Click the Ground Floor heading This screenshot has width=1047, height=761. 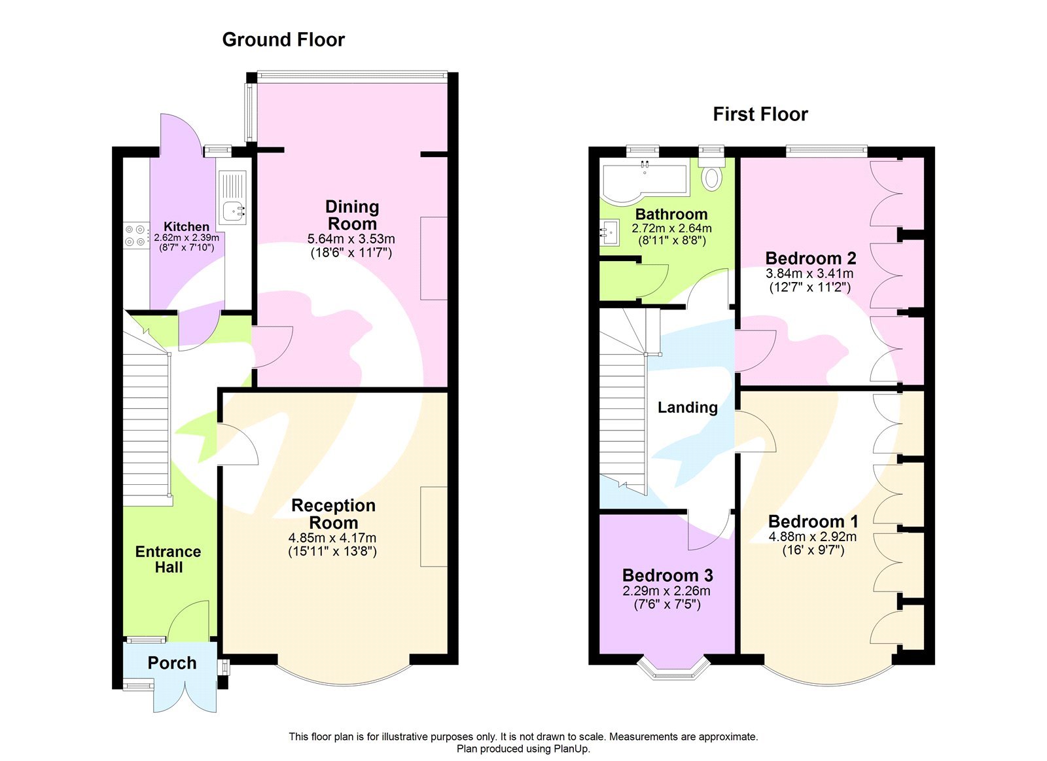tap(283, 40)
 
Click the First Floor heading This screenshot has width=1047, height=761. tap(760, 115)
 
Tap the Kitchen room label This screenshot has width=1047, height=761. tap(186, 226)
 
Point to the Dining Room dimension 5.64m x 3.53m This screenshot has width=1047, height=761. tap(351, 239)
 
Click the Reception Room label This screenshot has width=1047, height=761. tap(333, 514)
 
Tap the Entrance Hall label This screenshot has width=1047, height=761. tap(168, 559)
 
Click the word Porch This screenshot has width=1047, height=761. tap(171, 663)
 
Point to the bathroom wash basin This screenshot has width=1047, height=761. tap(610, 232)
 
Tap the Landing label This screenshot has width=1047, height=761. tap(687, 408)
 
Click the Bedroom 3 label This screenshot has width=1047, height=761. tap(667, 575)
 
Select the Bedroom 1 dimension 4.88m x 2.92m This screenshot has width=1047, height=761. tap(813, 537)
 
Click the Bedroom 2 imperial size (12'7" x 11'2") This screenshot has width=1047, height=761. tap(809, 287)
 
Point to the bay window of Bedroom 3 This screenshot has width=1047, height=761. tap(674, 669)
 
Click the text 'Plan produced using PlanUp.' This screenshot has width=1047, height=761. tap(523, 749)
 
